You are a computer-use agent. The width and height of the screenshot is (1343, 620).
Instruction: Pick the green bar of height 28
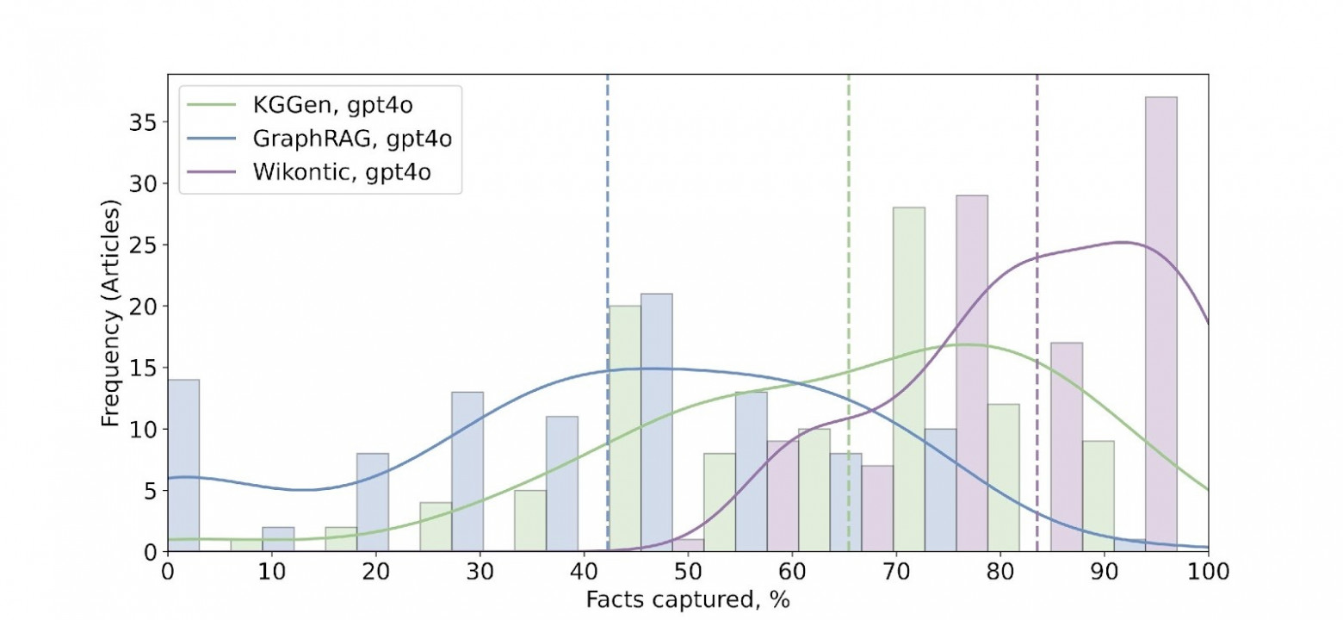point(909,379)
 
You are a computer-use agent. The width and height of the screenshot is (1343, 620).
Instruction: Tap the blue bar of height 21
point(656,422)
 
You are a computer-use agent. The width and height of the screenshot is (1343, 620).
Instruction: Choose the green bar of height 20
point(624,428)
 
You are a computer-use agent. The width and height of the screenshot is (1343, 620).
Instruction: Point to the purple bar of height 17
point(1067,447)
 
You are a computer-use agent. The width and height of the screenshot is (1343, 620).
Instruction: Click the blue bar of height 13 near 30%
point(467,471)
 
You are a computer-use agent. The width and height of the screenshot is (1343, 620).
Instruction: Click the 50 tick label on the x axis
point(688,571)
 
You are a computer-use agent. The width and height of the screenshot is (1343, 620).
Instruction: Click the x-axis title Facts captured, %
point(688,599)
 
